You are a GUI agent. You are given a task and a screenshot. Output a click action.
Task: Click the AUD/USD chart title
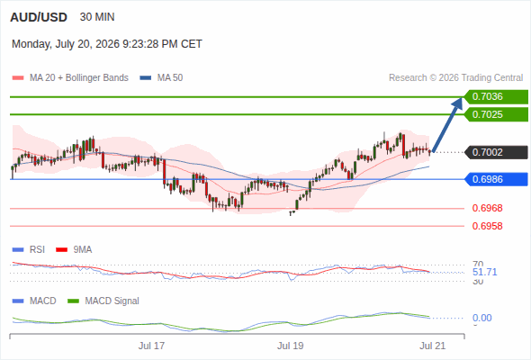(x=39, y=17)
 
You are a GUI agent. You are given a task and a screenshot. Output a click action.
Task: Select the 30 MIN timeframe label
(x=97, y=17)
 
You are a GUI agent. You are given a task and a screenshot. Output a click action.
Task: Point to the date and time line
(x=107, y=44)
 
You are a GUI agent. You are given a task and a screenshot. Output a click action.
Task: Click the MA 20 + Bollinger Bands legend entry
(x=70, y=78)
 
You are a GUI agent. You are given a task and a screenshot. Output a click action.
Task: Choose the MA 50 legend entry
(x=161, y=78)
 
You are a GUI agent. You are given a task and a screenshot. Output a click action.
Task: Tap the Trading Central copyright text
(x=455, y=78)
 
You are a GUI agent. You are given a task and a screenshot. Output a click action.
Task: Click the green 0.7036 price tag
(x=496, y=97)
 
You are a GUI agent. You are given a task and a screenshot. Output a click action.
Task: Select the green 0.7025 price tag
(x=496, y=114)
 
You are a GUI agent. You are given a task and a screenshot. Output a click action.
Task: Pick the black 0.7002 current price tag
(x=496, y=152)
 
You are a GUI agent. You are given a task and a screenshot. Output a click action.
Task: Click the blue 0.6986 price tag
(x=496, y=179)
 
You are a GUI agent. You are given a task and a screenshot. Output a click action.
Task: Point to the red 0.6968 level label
(x=487, y=208)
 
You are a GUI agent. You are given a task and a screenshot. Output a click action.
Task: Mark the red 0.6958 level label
(x=487, y=226)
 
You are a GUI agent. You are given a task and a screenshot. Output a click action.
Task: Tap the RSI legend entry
(x=29, y=249)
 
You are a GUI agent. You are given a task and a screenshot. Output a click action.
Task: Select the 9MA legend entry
(x=74, y=249)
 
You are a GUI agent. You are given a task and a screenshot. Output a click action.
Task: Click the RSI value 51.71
(x=484, y=272)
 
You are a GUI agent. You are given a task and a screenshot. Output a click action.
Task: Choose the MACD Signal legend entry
(x=103, y=301)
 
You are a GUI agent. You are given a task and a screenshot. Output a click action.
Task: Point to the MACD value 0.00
(x=481, y=318)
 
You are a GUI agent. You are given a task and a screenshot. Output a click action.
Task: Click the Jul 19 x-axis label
(x=290, y=346)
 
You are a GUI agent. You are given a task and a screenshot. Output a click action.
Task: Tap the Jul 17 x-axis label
(x=151, y=346)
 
